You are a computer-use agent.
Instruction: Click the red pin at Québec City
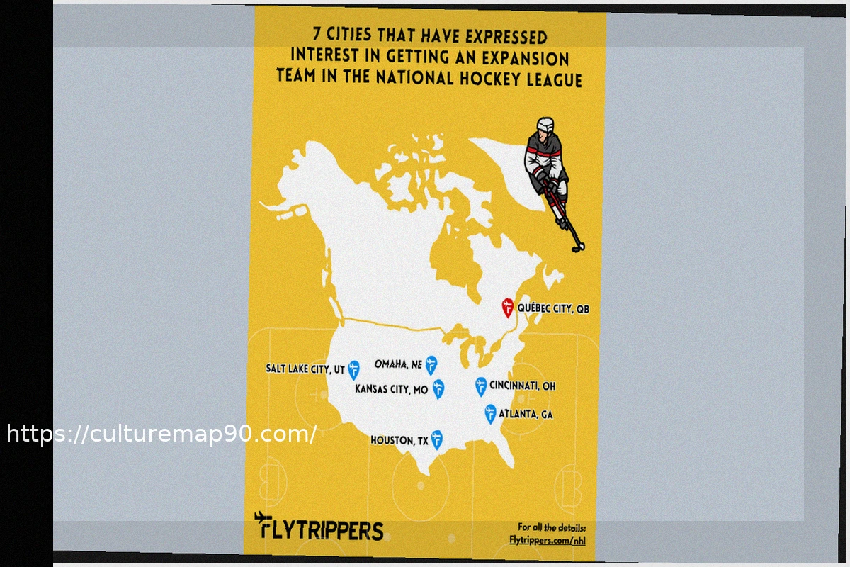507,307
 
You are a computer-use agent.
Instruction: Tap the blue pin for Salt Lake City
353,369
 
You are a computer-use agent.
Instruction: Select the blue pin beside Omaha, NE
431,365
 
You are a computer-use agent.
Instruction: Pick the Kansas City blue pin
438,388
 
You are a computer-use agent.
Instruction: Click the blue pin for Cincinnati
481,386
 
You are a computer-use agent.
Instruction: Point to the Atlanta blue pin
490,413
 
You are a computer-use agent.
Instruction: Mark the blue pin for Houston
437,439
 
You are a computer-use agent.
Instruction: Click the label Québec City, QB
553,309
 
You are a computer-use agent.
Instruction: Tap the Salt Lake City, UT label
305,369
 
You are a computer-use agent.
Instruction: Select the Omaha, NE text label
398,365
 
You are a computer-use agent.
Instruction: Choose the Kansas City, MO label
391,389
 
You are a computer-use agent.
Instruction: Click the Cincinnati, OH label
522,386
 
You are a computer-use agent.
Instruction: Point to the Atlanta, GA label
526,414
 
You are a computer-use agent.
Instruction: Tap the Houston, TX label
399,441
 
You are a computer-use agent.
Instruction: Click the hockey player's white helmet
545,126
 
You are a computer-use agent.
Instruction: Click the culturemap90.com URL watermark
161,434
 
